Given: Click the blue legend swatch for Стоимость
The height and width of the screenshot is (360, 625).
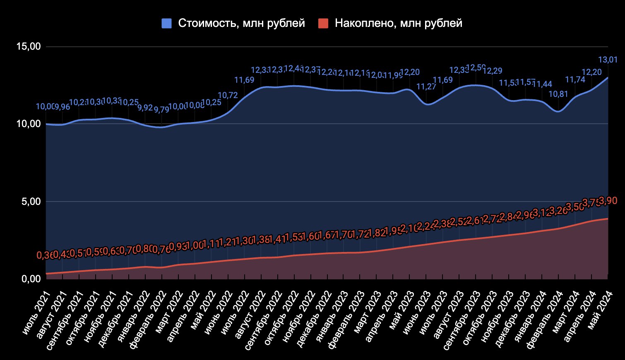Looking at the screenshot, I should (166, 24).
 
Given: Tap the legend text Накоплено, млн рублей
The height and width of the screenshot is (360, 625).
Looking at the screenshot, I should (398, 24).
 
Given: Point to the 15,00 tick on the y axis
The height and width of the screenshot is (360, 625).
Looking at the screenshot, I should (29, 46).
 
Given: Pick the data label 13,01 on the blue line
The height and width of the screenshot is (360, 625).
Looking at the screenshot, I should (608, 60).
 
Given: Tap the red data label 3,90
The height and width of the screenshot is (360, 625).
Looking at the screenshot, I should (608, 201).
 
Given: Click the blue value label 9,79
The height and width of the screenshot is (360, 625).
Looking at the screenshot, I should (161, 110).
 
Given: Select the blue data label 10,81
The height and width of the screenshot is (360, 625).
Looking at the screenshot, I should (558, 94).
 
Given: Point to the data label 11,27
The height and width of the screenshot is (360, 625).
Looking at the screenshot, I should (426, 86).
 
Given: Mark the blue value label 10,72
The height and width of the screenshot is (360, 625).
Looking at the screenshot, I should (228, 96).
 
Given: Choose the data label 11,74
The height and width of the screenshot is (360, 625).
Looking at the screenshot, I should (575, 79).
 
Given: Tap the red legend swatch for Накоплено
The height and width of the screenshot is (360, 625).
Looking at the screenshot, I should (323, 24).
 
